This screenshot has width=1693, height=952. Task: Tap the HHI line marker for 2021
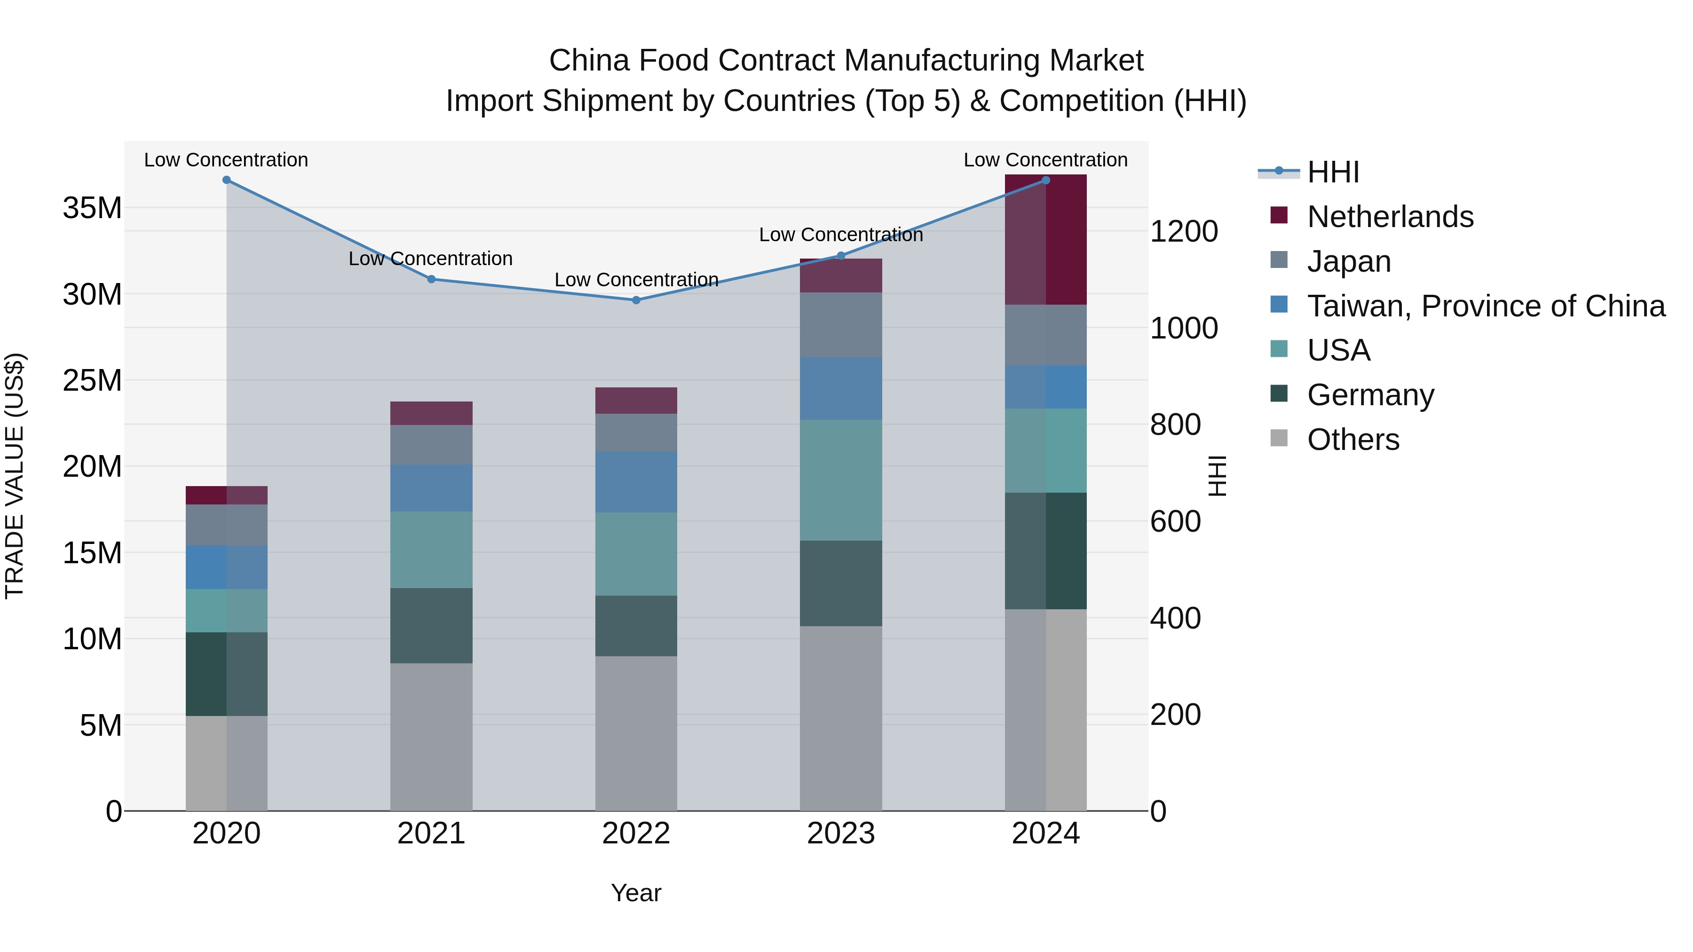[431, 279]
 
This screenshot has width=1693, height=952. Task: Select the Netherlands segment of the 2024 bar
[1045, 240]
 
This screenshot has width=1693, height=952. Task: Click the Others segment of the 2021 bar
[431, 737]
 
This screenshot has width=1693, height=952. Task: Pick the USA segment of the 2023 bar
[840, 480]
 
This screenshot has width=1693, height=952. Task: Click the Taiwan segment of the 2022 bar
[635, 481]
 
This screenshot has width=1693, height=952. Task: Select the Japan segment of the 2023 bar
[840, 324]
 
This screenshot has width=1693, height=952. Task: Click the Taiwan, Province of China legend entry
[1485, 306]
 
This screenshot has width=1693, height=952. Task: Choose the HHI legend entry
[1332, 172]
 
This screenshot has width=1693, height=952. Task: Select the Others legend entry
[1353, 440]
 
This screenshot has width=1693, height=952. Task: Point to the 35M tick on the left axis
[92, 208]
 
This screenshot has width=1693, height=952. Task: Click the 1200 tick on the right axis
[1184, 231]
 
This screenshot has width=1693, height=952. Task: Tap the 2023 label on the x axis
[840, 834]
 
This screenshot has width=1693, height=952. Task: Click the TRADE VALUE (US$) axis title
[15, 476]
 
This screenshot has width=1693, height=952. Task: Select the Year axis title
[635, 893]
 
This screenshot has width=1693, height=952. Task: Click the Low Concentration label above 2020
[226, 160]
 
